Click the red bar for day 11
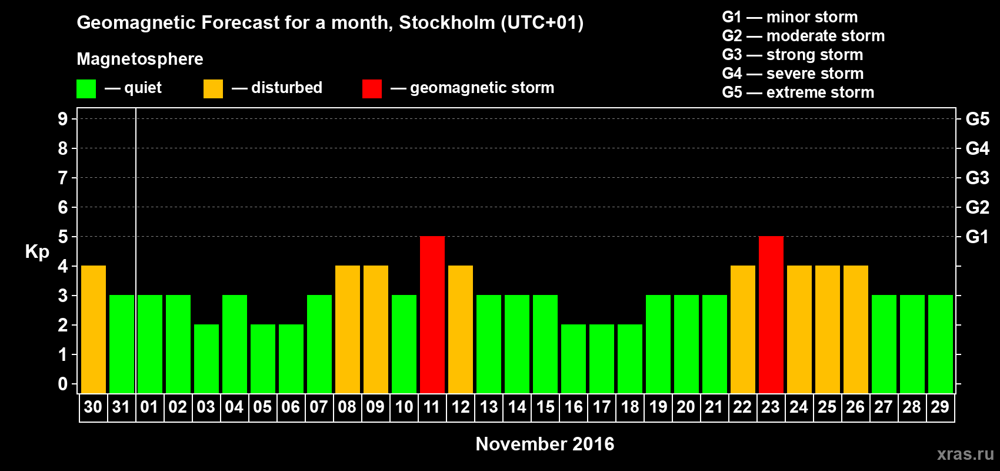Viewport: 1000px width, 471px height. tap(432, 314)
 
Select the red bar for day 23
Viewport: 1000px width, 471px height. tap(771, 314)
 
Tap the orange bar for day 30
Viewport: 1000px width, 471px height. tap(94, 329)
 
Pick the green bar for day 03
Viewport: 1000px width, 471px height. tap(206, 359)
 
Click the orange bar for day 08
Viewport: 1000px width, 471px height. tap(348, 329)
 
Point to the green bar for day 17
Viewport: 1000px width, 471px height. tap(602, 359)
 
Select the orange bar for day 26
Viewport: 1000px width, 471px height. tap(856, 329)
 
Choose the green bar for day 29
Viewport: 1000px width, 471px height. tap(941, 344)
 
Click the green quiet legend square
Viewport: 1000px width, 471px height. tap(86, 89)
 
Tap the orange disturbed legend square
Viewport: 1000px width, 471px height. tap(214, 89)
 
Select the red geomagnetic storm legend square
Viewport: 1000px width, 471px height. tap(372, 89)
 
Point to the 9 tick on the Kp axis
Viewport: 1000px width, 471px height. tap(63, 119)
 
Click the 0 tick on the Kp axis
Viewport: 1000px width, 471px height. tap(63, 384)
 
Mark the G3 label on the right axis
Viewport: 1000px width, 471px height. tap(977, 178)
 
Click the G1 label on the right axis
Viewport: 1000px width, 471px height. tap(977, 237)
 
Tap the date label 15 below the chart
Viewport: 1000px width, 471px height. tap(545, 407)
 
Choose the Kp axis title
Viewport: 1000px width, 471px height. tap(37, 251)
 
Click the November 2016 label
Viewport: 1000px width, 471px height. tap(545, 444)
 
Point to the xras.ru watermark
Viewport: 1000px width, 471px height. tap(965, 454)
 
